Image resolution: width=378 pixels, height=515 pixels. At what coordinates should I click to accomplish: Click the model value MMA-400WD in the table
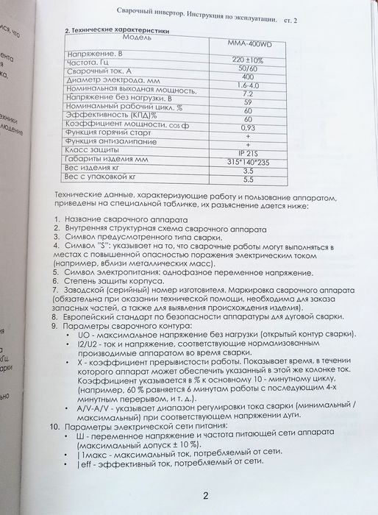tap(247, 42)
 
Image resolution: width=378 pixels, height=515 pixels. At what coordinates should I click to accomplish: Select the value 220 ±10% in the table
tap(247, 60)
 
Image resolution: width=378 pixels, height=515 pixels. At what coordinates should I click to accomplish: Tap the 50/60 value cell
tap(247, 68)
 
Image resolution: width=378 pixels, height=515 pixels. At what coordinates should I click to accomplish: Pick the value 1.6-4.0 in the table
tap(247, 85)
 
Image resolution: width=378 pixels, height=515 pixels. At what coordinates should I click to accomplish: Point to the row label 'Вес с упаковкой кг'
tap(102, 177)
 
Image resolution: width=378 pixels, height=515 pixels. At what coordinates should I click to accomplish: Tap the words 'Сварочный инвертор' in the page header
tap(155, 10)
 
